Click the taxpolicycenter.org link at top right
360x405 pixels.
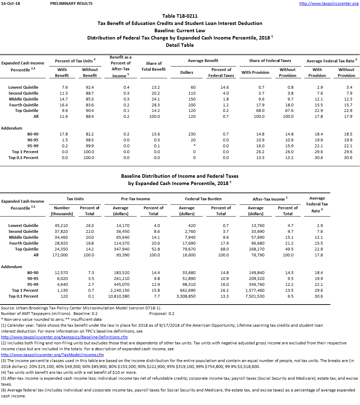point(329,3)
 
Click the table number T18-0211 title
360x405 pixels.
point(180,16)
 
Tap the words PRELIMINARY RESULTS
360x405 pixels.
point(71,3)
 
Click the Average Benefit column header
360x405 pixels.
point(203,61)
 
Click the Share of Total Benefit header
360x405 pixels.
point(154,66)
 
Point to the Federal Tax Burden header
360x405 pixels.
point(203,199)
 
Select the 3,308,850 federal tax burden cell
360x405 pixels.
point(187,296)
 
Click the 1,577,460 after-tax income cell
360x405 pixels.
point(255,290)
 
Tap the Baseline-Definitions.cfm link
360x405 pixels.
point(64,337)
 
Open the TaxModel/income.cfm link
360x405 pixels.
point(52,354)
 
